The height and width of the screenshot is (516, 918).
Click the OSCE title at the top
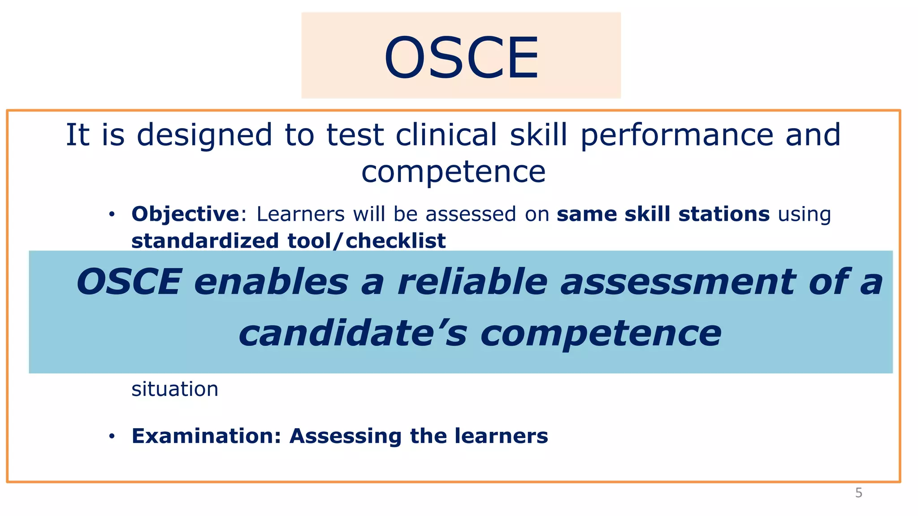coord(461,57)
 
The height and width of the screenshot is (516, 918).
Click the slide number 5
coord(858,493)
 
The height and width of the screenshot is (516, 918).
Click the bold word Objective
coord(185,214)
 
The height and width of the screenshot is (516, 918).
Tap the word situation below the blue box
coord(175,389)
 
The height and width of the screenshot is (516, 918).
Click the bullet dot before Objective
coord(112,215)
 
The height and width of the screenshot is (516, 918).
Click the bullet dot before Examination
coord(112,436)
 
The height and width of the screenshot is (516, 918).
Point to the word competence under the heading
coord(454,172)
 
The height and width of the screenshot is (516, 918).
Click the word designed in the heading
coord(204,135)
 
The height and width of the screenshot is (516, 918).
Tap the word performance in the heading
coord(677,135)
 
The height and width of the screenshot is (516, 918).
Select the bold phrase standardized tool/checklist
coord(288,241)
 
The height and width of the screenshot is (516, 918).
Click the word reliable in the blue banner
coord(472,282)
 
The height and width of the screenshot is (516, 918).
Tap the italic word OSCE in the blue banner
coord(129,282)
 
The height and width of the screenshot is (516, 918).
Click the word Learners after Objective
coord(300,214)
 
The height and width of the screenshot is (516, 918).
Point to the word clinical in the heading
coord(446,135)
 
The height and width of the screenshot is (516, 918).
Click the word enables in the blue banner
coord(271,282)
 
